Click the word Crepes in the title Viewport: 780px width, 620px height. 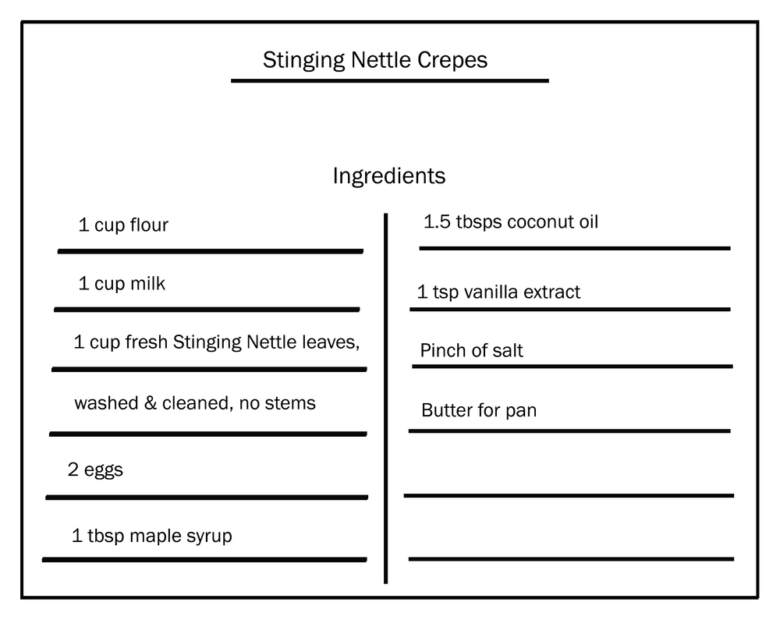pyautogui.click(x=452, y=61)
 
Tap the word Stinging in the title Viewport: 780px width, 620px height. pyautogui.click(x=304, y=61)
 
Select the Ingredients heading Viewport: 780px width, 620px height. pyautogui.click(x=389, y=176)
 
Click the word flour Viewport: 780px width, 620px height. pyautogui.click(x=149, y=225)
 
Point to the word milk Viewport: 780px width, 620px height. pyautogui.click(x=147, y=283)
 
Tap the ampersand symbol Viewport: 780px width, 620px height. pyautogui.click(x=151, y=402)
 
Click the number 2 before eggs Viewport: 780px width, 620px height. pyautogui.click(x=73, y=469)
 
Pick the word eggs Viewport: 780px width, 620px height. pyautogui.click(x=104, y=470)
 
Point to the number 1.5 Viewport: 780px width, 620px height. pyautogui.click(x=437, y=221)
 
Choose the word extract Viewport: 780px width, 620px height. pyautogui.click(x=552, y=292)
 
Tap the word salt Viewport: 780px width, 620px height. pyautogui.click(x=508, y=350)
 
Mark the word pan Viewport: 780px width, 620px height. pyautogui.click(x=521, y=412)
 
